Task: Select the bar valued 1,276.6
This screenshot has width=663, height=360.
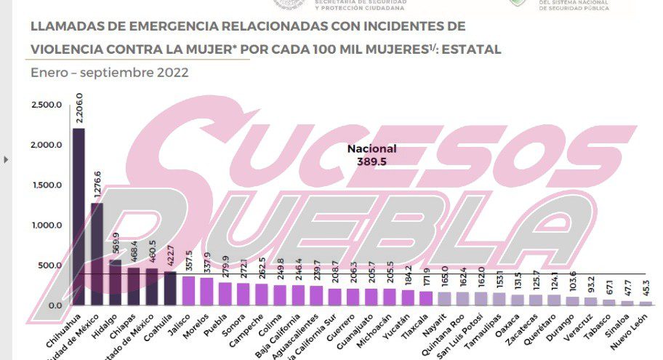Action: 97,254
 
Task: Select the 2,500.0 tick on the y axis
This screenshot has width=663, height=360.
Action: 46,105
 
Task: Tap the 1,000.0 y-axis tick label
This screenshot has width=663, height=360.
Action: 46,225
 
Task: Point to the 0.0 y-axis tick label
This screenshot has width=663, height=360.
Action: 55,305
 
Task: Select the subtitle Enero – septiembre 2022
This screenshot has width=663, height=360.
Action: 110,73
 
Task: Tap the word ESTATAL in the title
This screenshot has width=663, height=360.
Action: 473,49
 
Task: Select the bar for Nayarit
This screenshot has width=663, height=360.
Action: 443,298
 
